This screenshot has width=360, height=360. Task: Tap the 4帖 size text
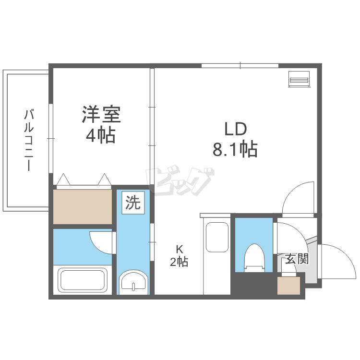pyautogui.click(x=101, y=136)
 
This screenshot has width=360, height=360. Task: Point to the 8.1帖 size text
pyautogui.click(x=235, y=150)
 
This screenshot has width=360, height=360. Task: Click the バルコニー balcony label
pyautogui.click(x=29, y=140)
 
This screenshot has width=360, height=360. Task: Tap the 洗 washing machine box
pyautogui.click(x=133, y=203)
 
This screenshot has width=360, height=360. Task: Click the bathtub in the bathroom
pyautogui.click(x=82, y=280)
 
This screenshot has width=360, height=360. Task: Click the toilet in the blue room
pyautogui.click(x=253, y=257)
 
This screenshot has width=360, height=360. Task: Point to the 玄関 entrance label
pyautogui.click(x=297, y=260)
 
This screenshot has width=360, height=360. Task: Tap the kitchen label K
pyautogui.click(x=179, y=250)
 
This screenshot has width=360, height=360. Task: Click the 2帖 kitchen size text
pyautogui.click(x=179, y=262)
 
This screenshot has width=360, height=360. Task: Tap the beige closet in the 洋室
pyautogui.click(x=82, y=206)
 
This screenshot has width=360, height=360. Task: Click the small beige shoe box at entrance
pyautogui.click(x=290, y=285)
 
